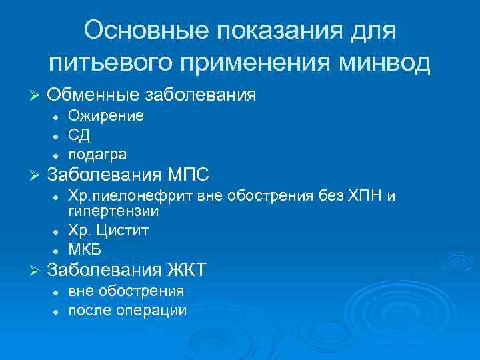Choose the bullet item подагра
[x=97, y=155]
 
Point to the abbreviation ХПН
[x=361, y=197]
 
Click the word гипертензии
[x=113, y=211]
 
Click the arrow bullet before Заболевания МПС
[x=37, y=177]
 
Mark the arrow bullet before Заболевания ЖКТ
[x=37, y=271]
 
